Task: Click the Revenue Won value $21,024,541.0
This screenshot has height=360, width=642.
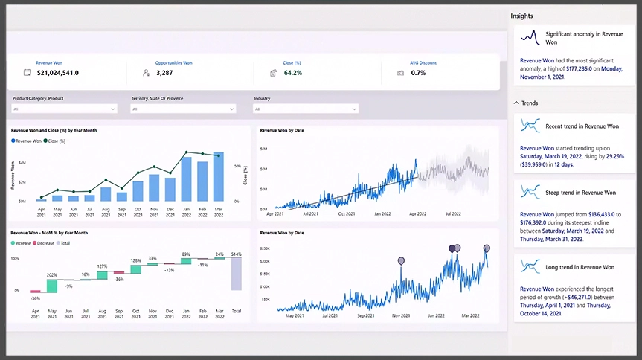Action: tap(57, 73)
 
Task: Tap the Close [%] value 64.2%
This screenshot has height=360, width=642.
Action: tap(293, 73)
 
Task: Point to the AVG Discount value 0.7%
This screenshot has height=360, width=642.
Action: tap(418, 73)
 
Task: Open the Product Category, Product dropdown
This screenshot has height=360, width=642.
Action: tap(65, 109)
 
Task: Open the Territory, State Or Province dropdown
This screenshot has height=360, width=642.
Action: tap(183, 109)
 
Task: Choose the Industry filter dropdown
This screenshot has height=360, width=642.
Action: tap(306, 109)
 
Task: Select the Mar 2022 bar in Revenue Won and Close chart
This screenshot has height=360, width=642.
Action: tap(219, 177)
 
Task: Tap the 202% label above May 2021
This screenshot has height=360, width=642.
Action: tap(53, 275)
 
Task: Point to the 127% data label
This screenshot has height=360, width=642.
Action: tap(102, 266)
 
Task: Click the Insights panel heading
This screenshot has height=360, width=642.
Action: tap(521, 16)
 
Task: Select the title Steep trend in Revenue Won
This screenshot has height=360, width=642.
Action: tap(580, 193)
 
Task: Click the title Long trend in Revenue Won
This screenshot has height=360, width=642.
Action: tap(580, 267)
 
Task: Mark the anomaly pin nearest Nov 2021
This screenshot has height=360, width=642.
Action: tap(402, 261)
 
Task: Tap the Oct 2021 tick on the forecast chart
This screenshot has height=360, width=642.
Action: tap(346, 213)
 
